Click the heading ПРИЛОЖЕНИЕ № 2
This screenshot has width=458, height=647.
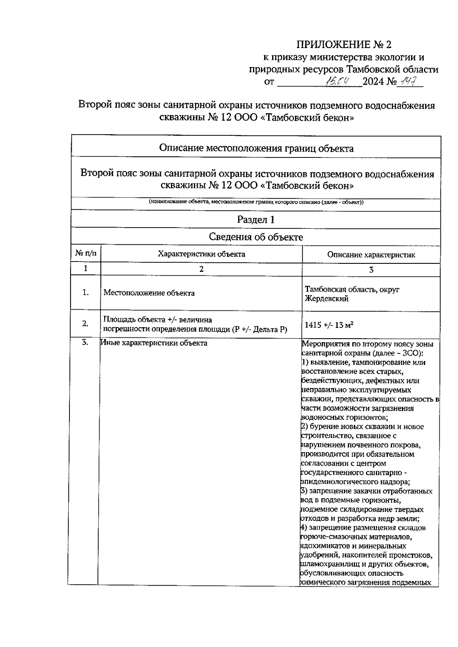[344, 45]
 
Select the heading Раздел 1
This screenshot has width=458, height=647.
[256, 220]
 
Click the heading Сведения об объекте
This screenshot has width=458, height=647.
[256, 237]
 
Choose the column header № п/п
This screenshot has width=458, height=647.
[86, 253]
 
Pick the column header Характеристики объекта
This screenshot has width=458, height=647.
[202, 254]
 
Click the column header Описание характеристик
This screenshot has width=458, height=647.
[371, 255]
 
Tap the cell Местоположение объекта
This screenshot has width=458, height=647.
[149, 293]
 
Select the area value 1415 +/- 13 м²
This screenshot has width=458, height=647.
[329, 325]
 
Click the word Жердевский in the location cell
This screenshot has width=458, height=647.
[327, 299]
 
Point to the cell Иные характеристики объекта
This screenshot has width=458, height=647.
[154, 343]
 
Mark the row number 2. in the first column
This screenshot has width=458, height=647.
[85, 324]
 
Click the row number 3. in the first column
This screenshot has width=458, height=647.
[85, 342]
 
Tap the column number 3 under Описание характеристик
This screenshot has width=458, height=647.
[371, 270]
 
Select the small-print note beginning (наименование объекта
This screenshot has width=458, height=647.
[256, 202]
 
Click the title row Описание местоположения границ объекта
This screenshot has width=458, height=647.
[256, 148]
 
